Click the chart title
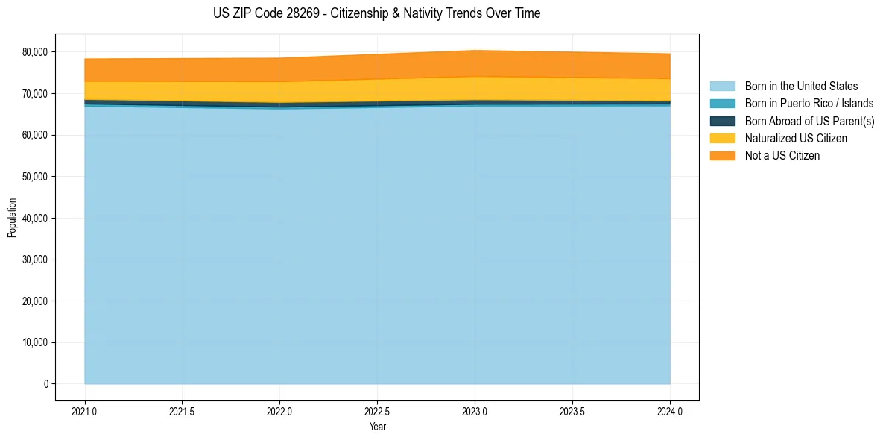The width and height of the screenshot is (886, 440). tap(376, 13)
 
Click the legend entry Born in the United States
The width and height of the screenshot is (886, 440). tap(801, 87)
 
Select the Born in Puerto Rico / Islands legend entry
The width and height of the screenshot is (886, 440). tap(809, 104)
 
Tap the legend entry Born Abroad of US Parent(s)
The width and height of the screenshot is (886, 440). tap(809, 121)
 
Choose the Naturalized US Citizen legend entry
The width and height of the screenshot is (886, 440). tap(796, 139)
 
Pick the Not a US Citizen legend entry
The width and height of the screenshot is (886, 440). tap(782, 156)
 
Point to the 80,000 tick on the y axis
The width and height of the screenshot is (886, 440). tap(35, 52)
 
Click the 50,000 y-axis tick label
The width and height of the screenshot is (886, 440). tap(35, 177)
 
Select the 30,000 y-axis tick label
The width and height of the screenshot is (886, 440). tap(35, 260)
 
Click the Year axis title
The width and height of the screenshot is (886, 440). tap(377, 427)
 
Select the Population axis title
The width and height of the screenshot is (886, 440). tap(12, 218)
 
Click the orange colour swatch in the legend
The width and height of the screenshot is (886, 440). tap(722, 156)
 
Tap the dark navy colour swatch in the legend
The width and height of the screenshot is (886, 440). tap(722, 121)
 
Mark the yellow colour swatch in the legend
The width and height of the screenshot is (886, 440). tap(722, 139)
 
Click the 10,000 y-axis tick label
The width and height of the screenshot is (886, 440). tap(35, 342)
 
